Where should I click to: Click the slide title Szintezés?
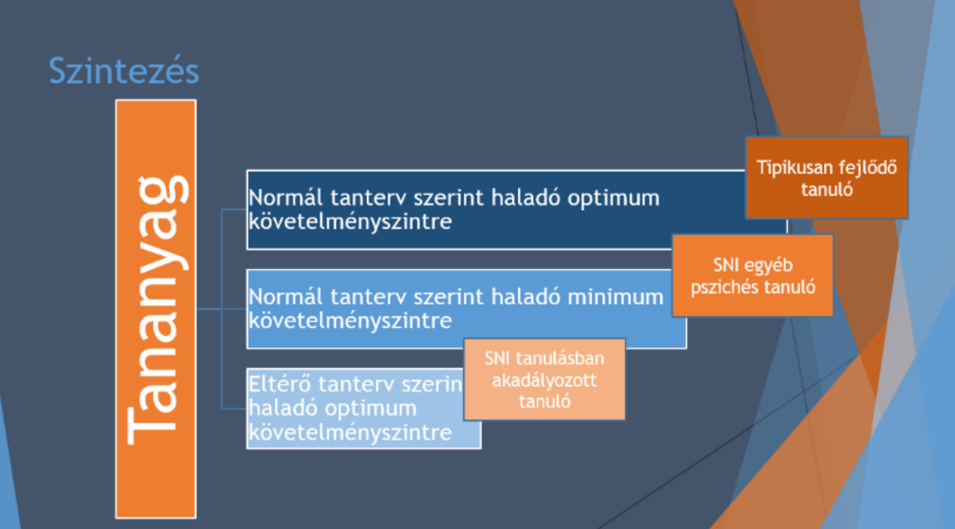point(123,71)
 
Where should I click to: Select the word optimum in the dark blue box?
point(614,199)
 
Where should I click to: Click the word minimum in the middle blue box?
point(616,297)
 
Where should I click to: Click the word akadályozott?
point(544,380)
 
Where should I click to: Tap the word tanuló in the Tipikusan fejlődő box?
point(827,189)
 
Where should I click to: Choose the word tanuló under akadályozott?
point(544,401)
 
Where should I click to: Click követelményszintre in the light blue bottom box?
point(350,433)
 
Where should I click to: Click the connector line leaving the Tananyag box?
point(209,309)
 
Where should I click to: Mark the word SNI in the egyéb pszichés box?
point(726,265)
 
